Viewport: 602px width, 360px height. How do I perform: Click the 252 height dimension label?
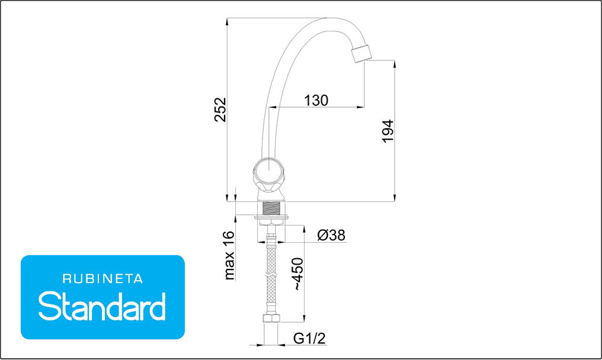(x=220, y=110)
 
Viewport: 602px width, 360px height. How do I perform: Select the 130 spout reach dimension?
(x=316, y=101)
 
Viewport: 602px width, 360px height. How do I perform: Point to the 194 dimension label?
(x=388, y=131)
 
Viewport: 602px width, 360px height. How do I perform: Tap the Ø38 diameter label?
(x=331, y=235)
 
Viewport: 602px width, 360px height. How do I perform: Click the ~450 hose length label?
(x=298, y=274)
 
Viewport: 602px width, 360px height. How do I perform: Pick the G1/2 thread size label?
(x=309, y=338)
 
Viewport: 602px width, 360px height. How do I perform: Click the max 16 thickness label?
(x=229, y=255)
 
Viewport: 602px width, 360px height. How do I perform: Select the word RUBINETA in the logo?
(x=103, y=279)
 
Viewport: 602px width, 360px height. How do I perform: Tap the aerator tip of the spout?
(x=361, y=53)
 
